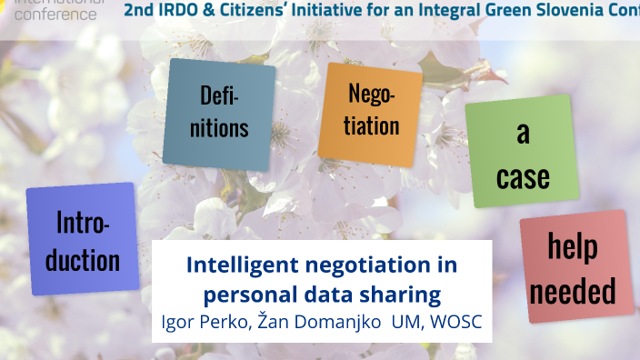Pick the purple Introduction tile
83,239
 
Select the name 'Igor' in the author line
177,322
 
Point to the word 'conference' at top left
55,15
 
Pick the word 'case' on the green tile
523,175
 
